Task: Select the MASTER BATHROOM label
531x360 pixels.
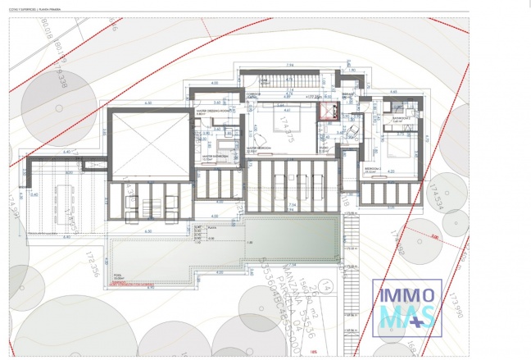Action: [x=215, y=153]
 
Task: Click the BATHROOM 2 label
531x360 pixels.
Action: [x=401, y=118]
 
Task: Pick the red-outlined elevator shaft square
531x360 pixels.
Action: [x=329, y=111]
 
